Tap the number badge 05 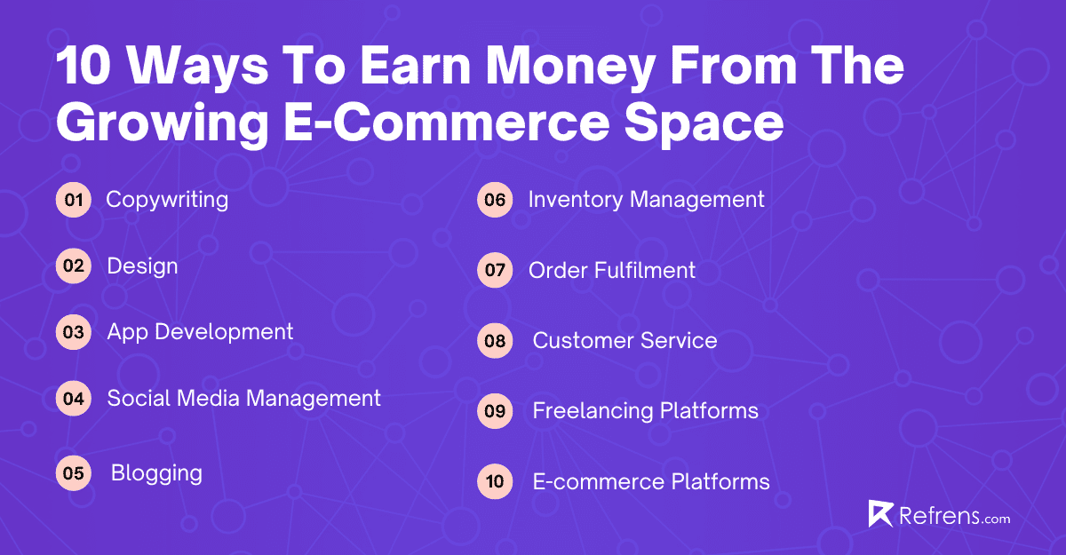tap(73, 473)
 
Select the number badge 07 tap(495, 270)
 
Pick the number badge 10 tap(495, 482)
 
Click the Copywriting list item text tap(167, 200)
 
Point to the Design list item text tap(142, 266)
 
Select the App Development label tap(200, 332)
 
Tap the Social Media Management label tap(243, 398)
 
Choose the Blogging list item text tap(156, 473)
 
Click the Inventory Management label tap(646, 200)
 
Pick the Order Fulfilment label tap(612, 270)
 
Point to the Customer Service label tap(624, 340)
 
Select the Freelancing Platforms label tap(645, 411)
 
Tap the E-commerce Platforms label tap(651, 482)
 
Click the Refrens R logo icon tap(879, 514)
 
